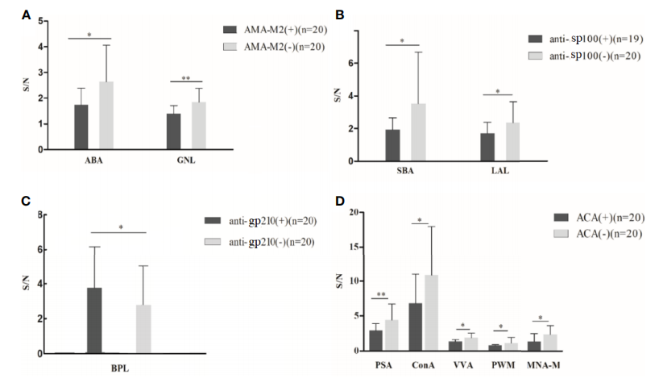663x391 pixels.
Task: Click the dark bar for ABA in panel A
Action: point(81,127)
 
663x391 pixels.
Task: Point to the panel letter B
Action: point(339,14)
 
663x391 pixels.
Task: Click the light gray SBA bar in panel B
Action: point(418,132)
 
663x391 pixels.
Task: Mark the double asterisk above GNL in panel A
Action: point(185,78)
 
